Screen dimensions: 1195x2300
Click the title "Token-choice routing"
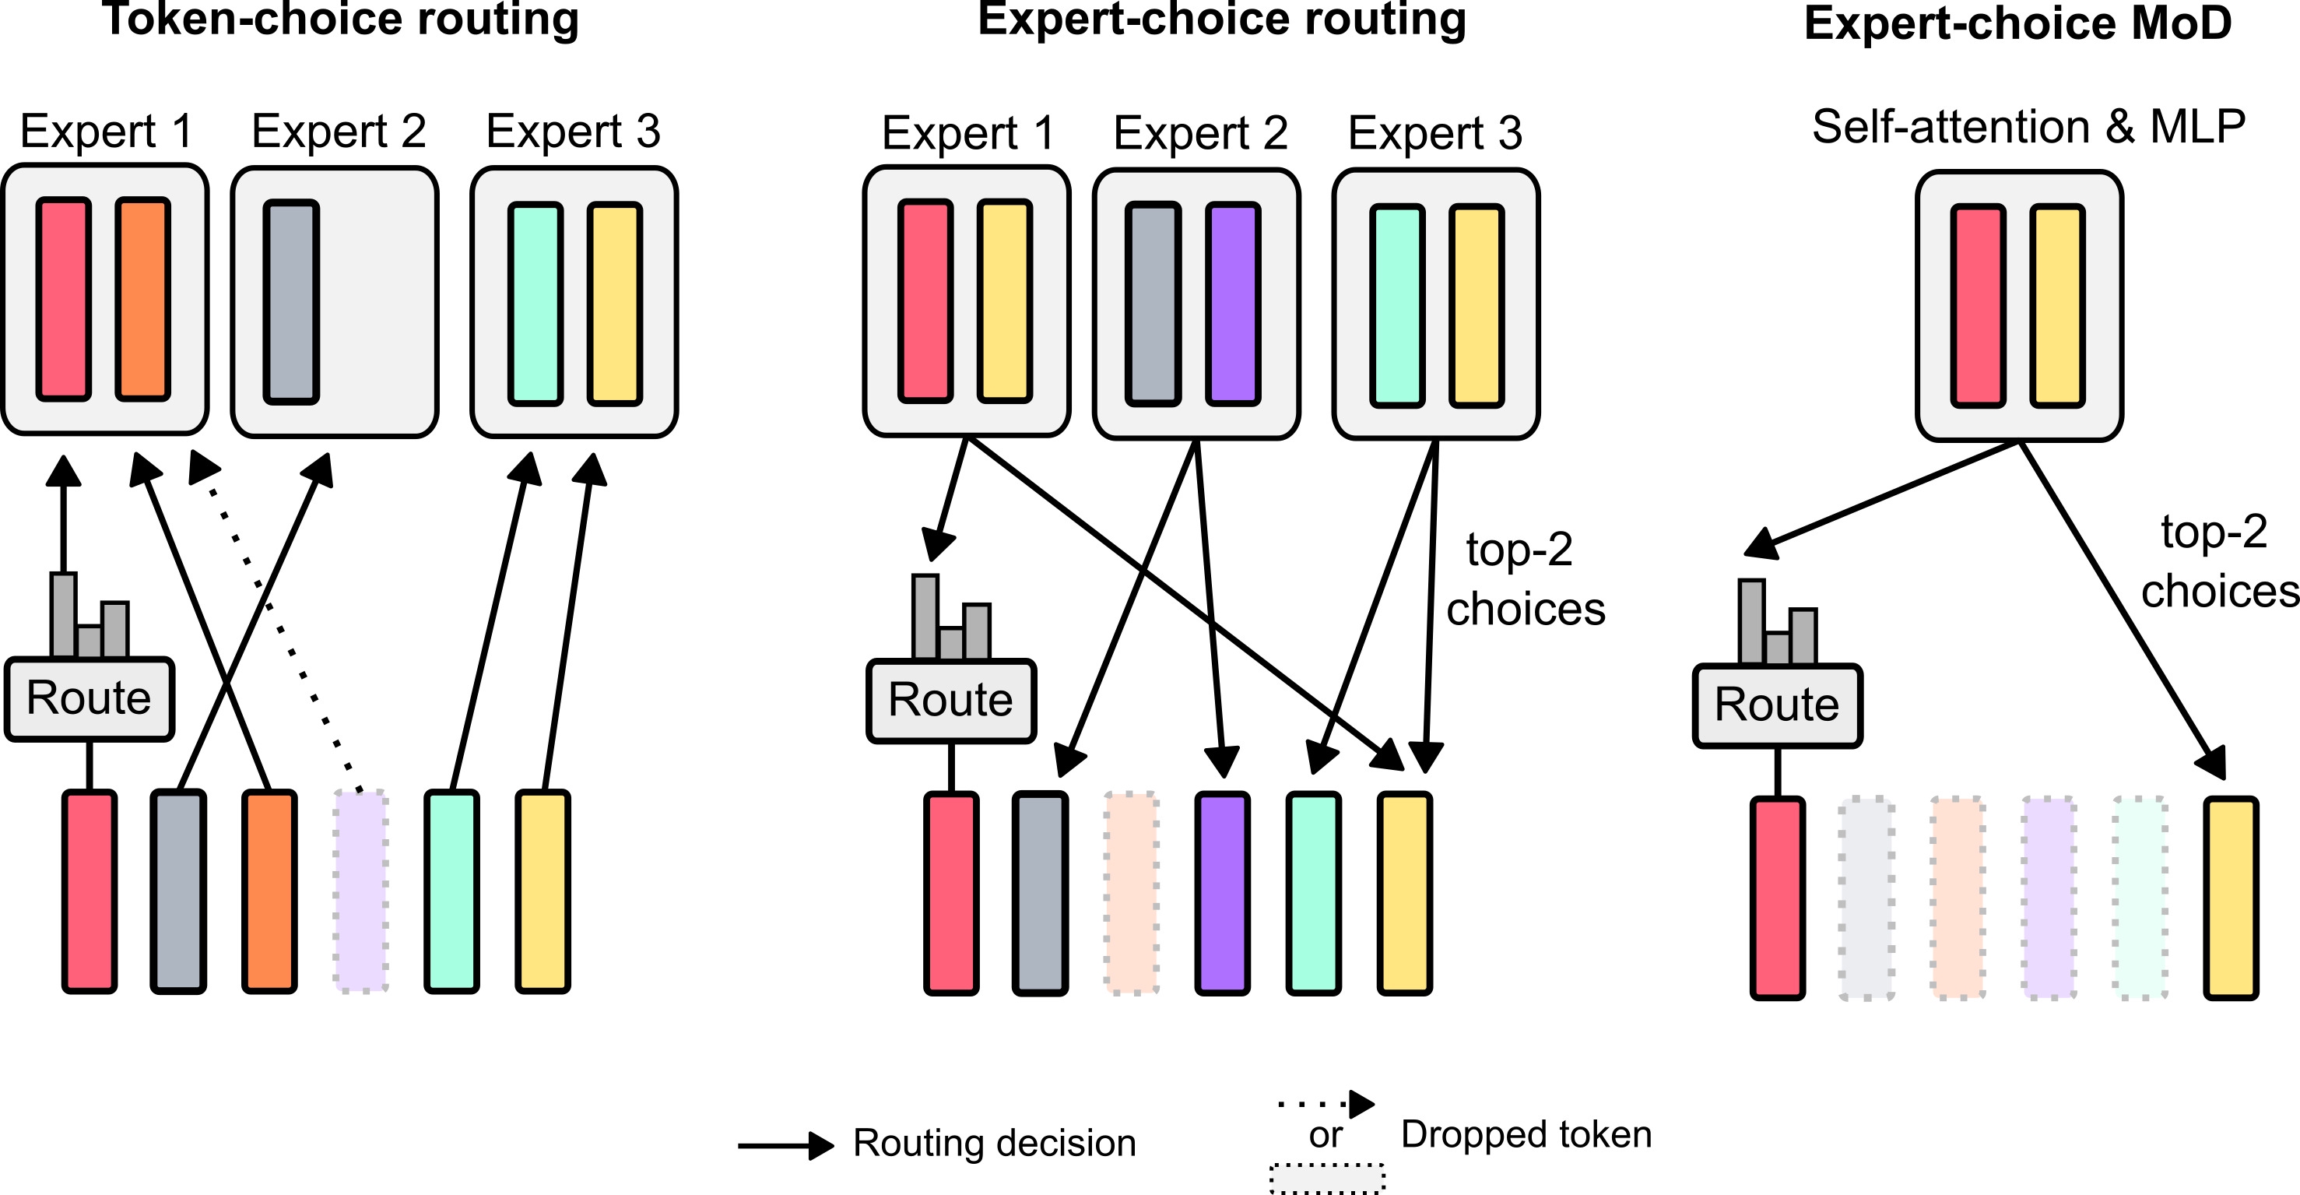point(340,19)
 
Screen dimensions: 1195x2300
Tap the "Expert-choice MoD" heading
point(2017,23)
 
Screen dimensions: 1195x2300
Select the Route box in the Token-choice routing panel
point(89,698)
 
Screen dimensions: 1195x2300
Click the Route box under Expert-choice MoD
point(1777,705)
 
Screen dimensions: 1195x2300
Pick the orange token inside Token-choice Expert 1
point(143,299)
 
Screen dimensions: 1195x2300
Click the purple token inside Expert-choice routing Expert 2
point(1233,304)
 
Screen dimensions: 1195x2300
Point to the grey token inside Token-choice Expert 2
point(291,302)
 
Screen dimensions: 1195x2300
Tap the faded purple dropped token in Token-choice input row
point(360,891)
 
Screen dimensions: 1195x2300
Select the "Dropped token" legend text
point(1526,1134)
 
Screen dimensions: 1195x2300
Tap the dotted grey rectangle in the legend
point(1327,1179)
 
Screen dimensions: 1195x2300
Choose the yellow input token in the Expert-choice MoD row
point(2231,898)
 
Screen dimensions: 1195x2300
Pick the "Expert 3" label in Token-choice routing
point(572,132)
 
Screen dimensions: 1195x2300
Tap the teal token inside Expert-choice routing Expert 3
point(1397,305)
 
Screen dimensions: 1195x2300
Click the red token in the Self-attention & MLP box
point(1978,305)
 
